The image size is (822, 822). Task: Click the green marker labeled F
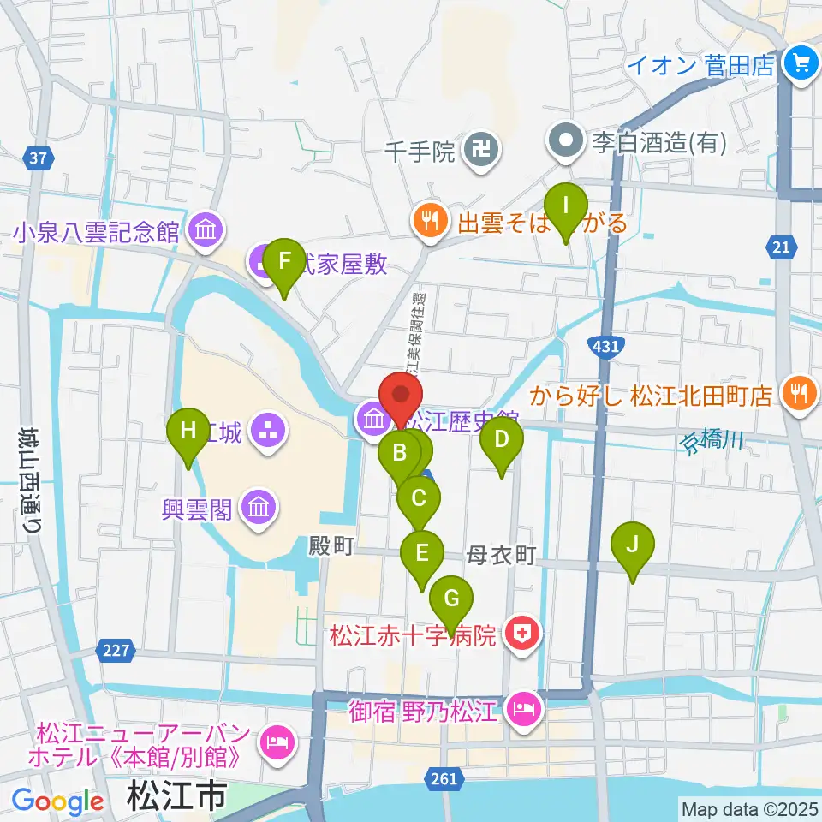284,260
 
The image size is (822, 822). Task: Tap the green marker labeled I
565,205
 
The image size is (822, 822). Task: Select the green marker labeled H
188,431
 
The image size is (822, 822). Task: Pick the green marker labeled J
633,545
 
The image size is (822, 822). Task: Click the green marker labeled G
450,598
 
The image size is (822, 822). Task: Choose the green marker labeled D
502,441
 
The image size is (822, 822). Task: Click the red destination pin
402,396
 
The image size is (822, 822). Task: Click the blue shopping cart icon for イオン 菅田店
801,65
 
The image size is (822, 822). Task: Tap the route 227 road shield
118,652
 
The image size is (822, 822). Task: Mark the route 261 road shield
444,777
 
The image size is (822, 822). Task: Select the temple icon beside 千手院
477,152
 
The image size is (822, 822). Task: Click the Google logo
57,801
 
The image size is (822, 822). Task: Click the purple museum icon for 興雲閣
257,509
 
